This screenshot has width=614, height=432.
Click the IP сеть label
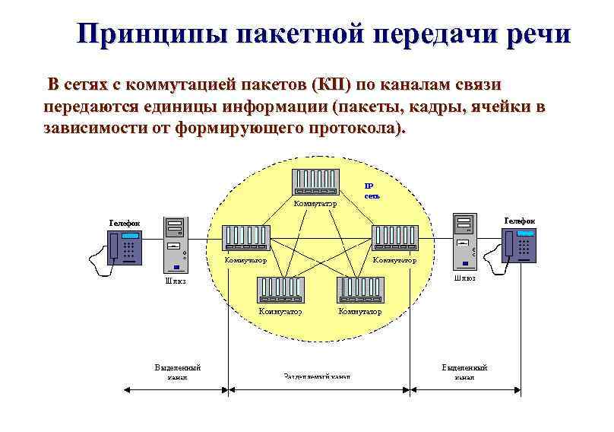370,190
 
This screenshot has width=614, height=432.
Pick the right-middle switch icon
396,238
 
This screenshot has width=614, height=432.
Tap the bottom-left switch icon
280,290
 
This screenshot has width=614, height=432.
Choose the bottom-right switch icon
361,290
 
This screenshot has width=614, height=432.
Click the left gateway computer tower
176,244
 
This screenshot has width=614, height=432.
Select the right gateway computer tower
464,240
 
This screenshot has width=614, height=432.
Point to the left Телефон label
124,223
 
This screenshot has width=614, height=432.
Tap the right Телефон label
519,221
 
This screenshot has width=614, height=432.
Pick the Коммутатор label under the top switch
315,204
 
